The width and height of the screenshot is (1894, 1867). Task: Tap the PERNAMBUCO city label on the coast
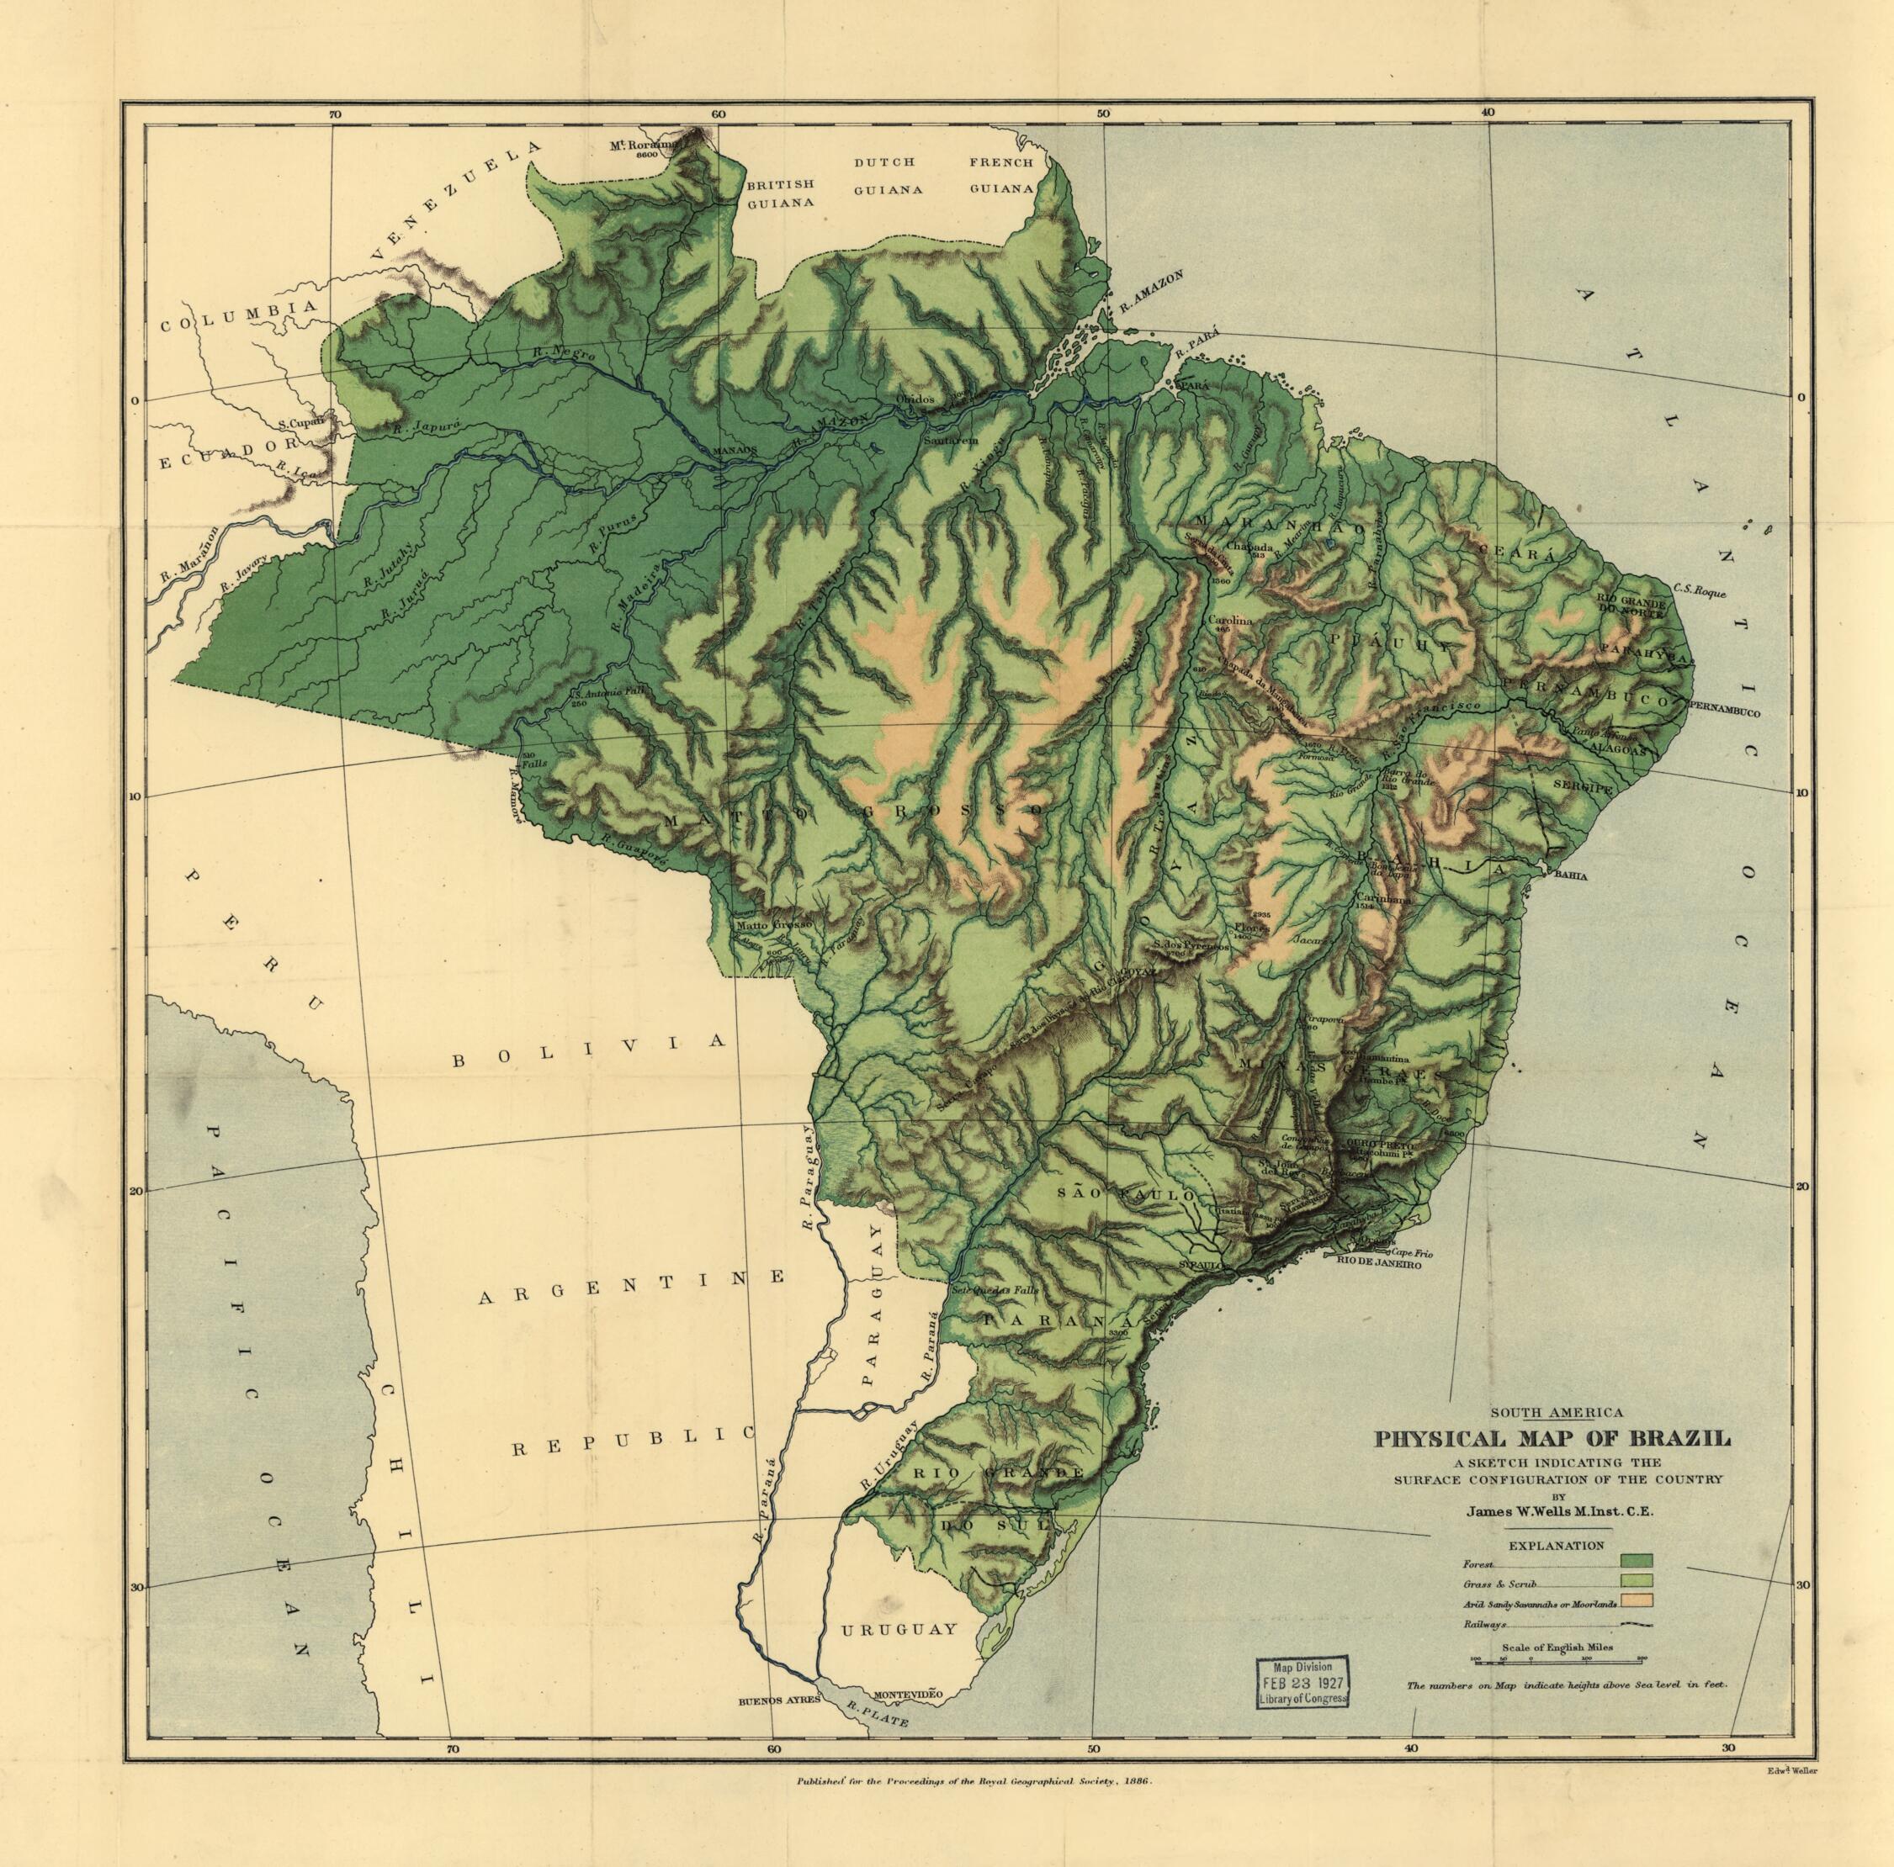coord(1722,713)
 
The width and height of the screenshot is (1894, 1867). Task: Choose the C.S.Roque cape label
coord(1700,591)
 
